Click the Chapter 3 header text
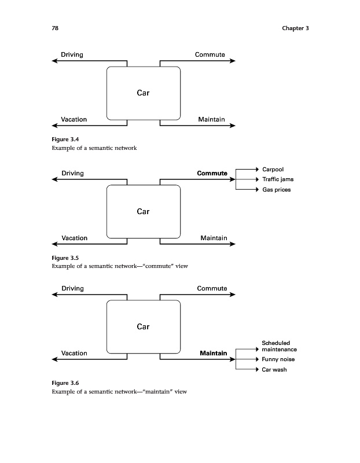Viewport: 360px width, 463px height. [x=295, y=28]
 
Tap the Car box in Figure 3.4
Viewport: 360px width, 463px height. [x=143, y=93]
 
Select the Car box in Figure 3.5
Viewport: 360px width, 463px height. [x=143, y=211]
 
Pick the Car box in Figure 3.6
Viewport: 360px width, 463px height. [x=143, y=326]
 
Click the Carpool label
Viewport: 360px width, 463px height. [x=273, y=169]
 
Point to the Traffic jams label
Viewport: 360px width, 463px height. [x=278, y=179]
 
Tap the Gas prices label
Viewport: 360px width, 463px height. [x=276, y=190]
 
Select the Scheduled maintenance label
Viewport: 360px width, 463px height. [x=279, y=346]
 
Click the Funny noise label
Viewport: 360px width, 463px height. [x=278, y=359]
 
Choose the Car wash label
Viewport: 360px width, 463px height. [x=274, y=370]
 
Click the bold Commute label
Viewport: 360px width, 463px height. [x=212, y=173]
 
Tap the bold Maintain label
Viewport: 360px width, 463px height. [x=213, y=353]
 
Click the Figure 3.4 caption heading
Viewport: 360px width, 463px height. [x=65, y=138]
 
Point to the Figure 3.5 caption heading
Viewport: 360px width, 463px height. [x=65, y=257]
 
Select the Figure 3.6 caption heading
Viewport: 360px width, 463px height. [x=65, y=383]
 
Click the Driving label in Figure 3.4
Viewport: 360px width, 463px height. [x=72, y=55]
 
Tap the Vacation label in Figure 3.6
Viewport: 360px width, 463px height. [x=74, y=353]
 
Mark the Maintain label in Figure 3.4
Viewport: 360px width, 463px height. [x=211, y=119]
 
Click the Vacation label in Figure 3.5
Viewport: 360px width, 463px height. [x=74, y=238]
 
